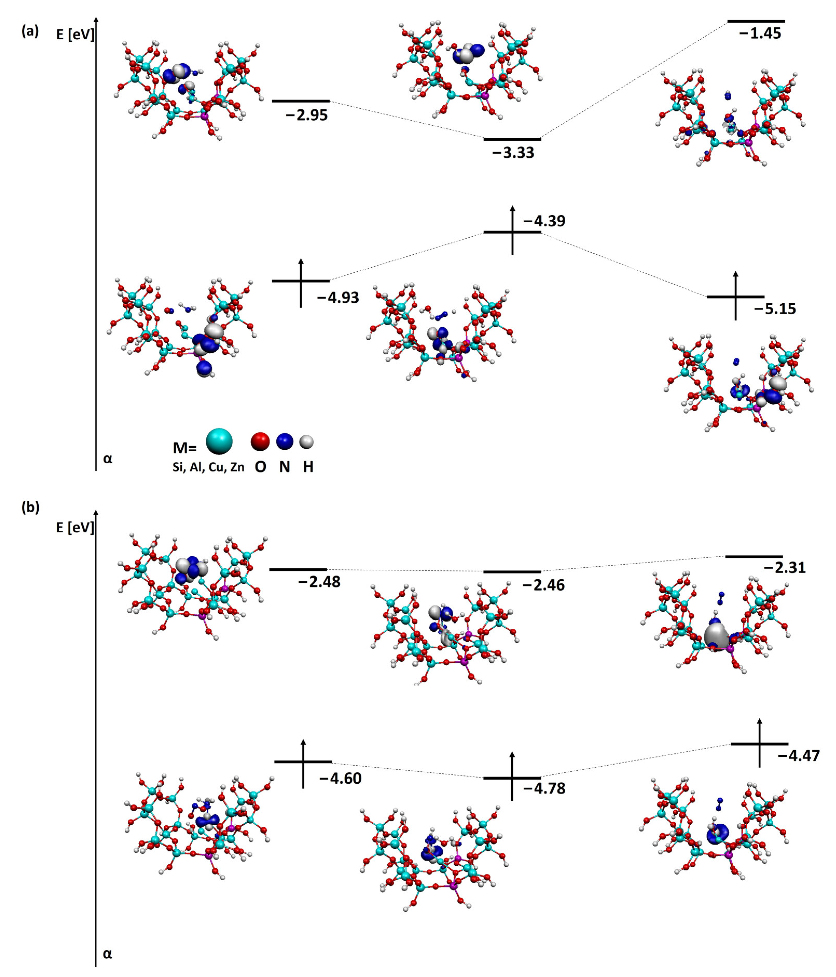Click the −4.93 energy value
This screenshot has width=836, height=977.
[x=338, y=297]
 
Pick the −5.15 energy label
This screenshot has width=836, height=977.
[x=775, y=309]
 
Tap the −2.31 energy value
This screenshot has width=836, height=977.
[x=785, y=567]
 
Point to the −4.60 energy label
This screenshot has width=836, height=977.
[x=340, y=778]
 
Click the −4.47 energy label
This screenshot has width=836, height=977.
[x=799, y=756]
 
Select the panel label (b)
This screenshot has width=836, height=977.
[x=30, y=507]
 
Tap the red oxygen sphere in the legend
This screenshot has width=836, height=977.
[x=260, y=441]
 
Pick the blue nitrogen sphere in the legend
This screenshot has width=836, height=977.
[x=284, y=441]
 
